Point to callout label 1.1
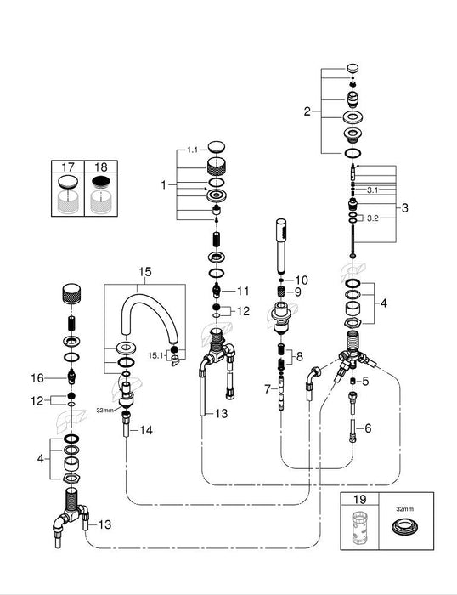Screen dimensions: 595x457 click(x=191, y=150)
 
